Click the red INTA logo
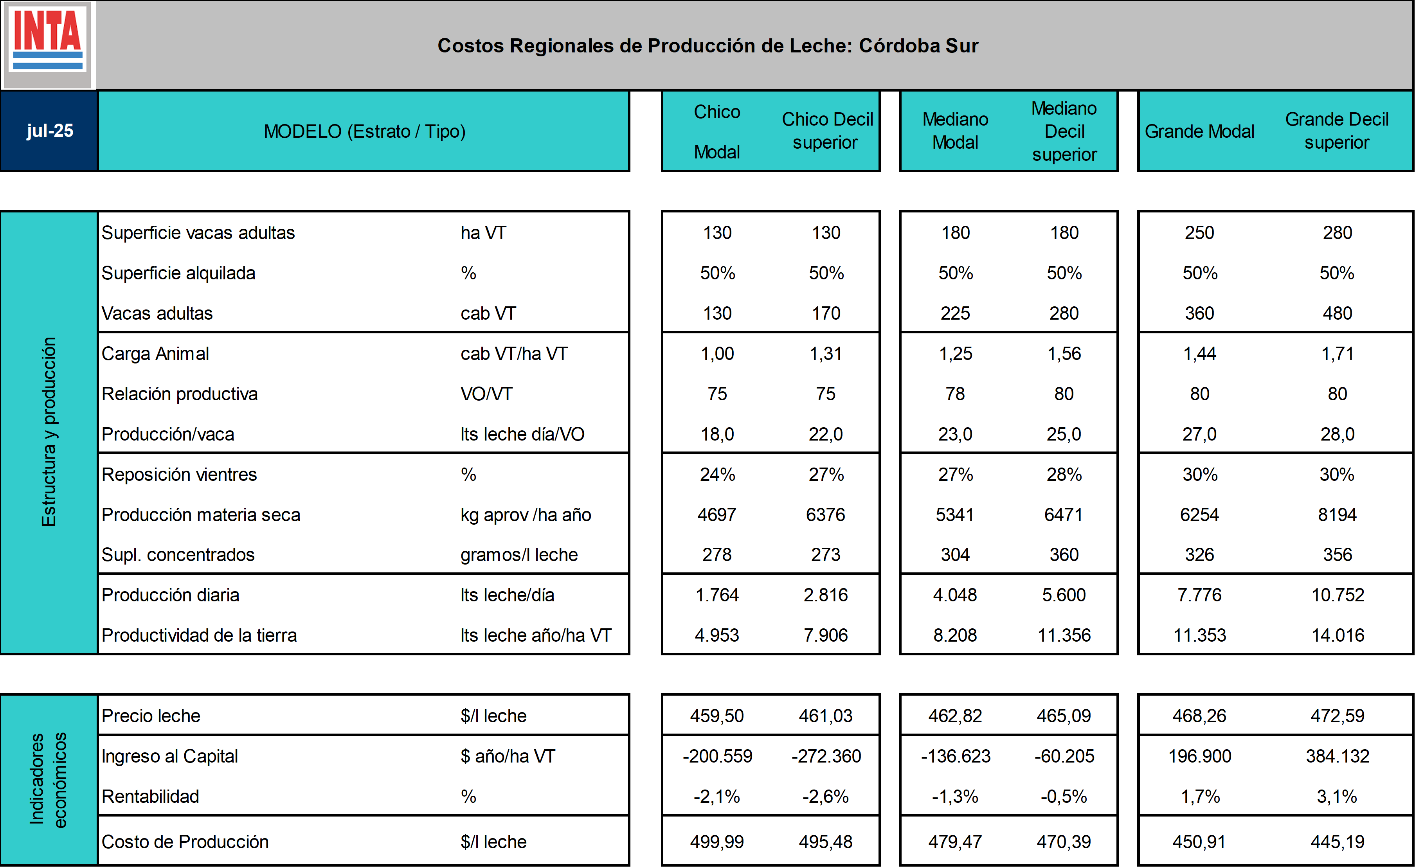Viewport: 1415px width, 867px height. [x=48, y=44]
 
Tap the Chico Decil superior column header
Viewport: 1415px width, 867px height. [x=826, y=131]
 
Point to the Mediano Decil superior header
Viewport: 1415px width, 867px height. [x=1064, y=131]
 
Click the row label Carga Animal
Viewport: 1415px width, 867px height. [x=155, y=354]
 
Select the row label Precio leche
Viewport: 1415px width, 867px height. [x=151, y=716]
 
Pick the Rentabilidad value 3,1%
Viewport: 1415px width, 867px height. [x=1337, y=796]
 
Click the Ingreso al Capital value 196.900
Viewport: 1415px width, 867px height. [x=1200, y=756]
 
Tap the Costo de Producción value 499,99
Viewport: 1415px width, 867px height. [x=717, y=842]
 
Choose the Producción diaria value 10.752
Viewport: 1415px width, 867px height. [x=1338, y=595]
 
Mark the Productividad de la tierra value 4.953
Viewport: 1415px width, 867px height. [x=717, y=635]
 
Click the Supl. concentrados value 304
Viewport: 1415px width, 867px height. [x=955, y=555]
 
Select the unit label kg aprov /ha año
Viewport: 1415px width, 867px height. [x=526, y=515]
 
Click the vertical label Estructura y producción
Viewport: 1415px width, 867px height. [x=49, y=432]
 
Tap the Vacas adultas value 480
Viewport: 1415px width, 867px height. [x=1338, y=313]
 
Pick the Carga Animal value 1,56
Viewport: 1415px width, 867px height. [x=1064, y=354]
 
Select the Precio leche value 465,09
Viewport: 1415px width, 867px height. [x=1064, y=716]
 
